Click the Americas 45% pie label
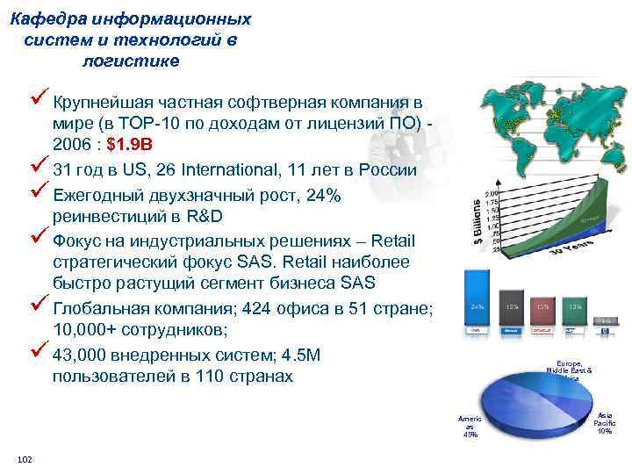click(x=470, y=427)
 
